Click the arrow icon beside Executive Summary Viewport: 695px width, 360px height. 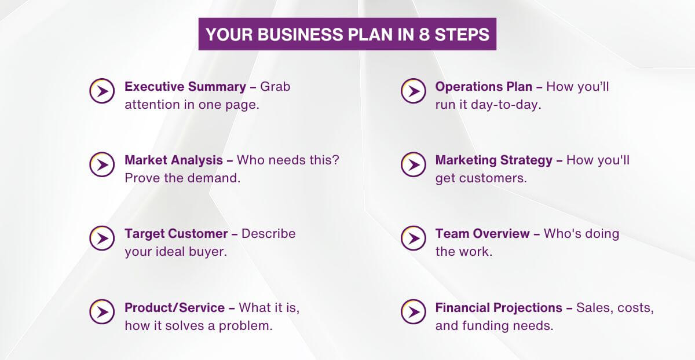[x=102, y=91]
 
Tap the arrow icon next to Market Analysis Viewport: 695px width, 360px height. [x=102, y=164]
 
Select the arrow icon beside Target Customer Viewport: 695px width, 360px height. [x=102, y=238]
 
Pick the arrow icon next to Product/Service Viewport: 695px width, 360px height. [x=102, y=312]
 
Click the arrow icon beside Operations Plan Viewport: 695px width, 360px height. [x=413, y=91]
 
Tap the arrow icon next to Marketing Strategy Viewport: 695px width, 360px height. [x=413, y=164]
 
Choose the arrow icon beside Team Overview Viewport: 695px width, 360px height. [x=413, y=238]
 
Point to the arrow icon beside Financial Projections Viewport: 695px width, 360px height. [x=413, y=312]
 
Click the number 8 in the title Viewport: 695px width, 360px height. [x=425, y=34]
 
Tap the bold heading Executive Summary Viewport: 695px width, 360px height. [x=185, y=87]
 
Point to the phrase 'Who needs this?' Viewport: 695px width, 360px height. [x=288, y=160]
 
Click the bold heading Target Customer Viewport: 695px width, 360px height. [x=176, y=234]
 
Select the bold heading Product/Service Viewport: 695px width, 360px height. [x=174, y=308]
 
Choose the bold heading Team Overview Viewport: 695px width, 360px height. [x=482, y=234]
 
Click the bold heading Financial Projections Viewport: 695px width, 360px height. [x=499, y=308]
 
